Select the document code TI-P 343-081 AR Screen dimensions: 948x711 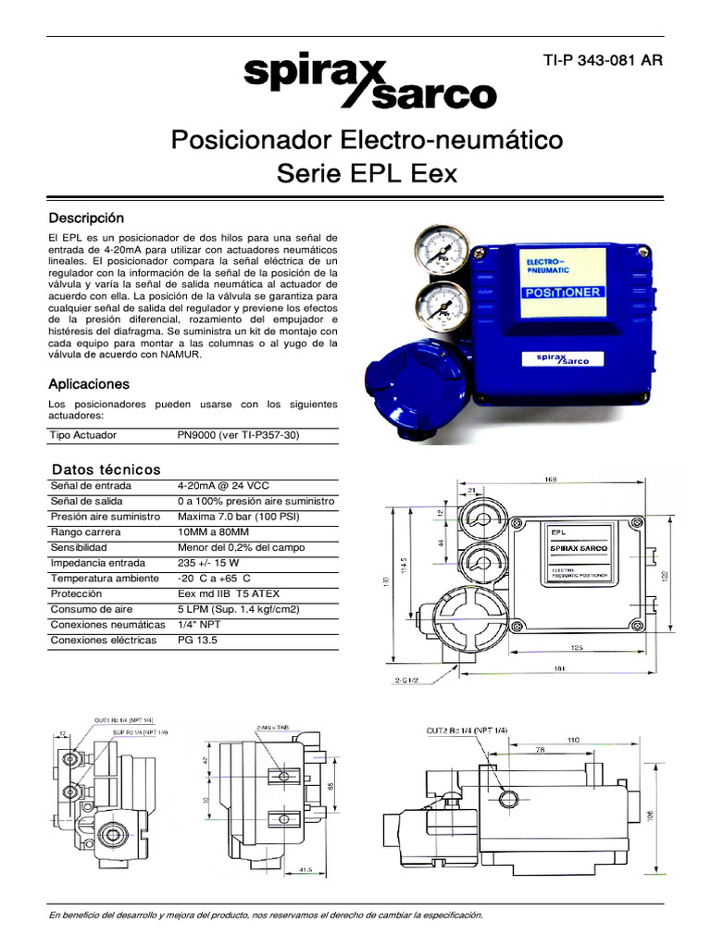[602, 61]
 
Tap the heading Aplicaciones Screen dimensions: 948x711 [89, 383]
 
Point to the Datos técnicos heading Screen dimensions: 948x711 [106, 469]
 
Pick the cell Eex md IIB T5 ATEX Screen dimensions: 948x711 [229, 593]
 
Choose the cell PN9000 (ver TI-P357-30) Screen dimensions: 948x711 [239, 435]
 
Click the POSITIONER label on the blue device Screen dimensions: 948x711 [564, 292]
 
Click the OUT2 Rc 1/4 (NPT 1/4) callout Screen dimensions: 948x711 [468, 731]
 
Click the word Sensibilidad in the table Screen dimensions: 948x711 [80, 547]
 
